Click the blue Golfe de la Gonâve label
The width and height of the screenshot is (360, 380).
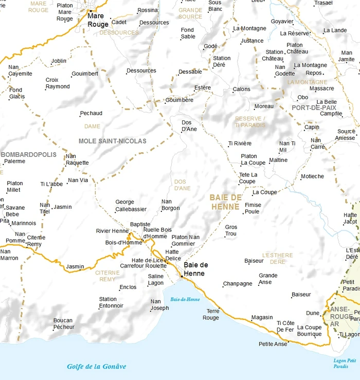pos(96,367)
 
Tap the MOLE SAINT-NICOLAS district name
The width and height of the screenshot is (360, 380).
pos(112,141)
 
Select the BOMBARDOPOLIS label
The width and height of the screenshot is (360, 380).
pos(29,154)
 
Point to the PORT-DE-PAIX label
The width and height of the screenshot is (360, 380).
pos(314,107)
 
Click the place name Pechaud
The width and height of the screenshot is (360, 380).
pos(91,113)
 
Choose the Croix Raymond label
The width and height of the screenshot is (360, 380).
pos(58,83)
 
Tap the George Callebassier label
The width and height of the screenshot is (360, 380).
pos(131,206)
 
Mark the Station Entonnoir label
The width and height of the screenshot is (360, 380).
pos(111,302)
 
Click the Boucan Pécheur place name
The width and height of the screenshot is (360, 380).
pos(64,323)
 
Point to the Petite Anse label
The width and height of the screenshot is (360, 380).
pos(273,344)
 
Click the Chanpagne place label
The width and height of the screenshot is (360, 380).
pos(238,284)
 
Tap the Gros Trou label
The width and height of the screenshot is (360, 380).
pos(231,230)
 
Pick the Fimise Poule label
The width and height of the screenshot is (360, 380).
pos(253,208)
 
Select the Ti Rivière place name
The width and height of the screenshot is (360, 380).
pos(240,143)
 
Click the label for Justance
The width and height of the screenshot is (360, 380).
pos(252,41)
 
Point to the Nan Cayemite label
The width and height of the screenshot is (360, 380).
pos(20,70)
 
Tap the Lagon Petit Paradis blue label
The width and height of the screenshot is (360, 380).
pos(345,363)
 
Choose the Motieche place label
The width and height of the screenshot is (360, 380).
pos(312,176)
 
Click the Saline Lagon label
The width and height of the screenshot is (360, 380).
pos(156,280)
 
